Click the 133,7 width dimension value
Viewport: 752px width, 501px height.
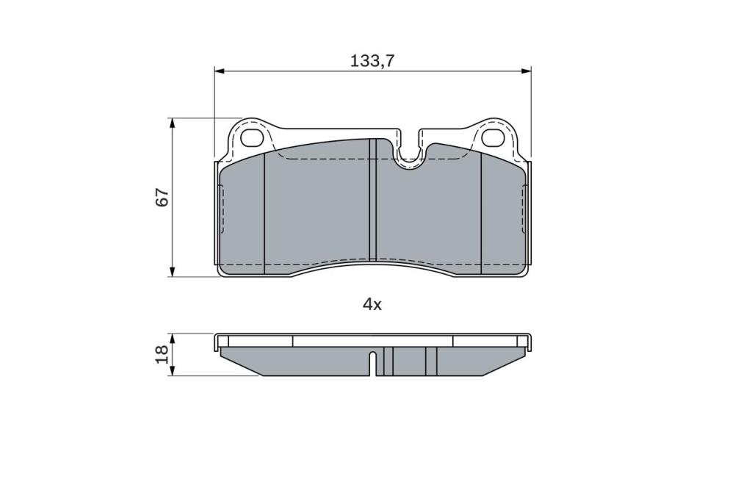click(x=372, y=61)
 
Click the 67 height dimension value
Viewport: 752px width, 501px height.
click(x=162, y=197)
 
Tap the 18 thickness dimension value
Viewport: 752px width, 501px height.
click(x=162, y=354)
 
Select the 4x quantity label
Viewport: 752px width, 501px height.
click(x=372, y=304)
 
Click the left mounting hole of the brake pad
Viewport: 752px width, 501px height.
click(x=253, y=138)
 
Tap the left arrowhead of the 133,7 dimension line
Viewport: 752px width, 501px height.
click(x=219, y=71)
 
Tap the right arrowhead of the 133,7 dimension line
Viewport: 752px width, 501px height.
click(x=526, y=71)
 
